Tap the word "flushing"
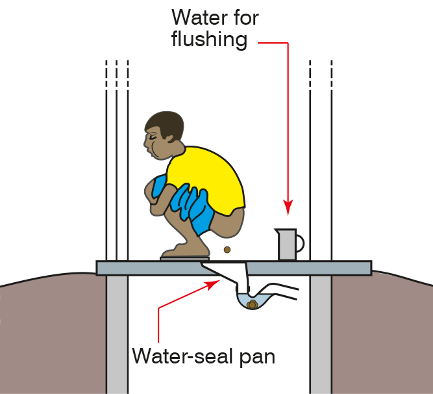coord(209,39)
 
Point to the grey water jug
coord(289,244)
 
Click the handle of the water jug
coord(301,243)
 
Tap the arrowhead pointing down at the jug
coord(288,207)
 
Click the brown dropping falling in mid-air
coord(227,250)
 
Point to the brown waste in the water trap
coord(252,304)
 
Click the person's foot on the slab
coord(186,252)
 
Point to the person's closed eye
coord(152,137)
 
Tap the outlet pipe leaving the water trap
coord(279,292)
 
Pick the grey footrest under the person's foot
coord(184,259)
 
